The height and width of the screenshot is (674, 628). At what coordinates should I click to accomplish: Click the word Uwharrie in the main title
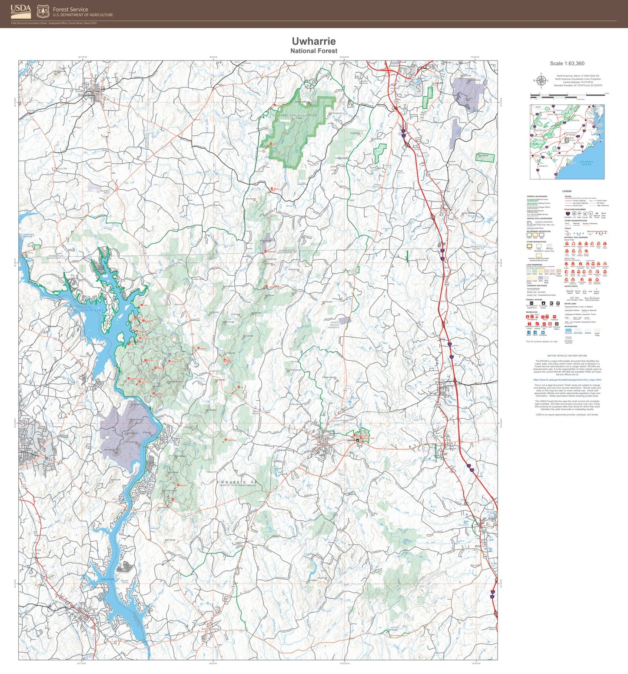pos(313,41)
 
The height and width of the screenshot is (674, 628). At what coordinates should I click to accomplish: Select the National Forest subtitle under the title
pos(313,51)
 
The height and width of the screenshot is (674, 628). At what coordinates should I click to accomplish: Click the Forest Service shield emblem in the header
pos(43,11)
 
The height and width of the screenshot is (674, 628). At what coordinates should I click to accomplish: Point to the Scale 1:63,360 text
pos(567,64)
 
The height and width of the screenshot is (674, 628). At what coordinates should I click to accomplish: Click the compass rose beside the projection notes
pos(541,80)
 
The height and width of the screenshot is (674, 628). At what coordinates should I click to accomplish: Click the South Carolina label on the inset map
pos(566,155)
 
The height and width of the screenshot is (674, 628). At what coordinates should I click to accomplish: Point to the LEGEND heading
pos(567,191)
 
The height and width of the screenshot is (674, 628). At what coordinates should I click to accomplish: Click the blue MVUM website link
pos(567,380)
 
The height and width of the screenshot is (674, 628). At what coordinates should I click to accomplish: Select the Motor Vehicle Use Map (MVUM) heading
pos(567,356)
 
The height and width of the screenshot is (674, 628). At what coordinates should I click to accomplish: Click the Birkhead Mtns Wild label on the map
pos(298,115)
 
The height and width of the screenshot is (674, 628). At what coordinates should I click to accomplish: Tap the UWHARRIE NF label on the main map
pos(237,482)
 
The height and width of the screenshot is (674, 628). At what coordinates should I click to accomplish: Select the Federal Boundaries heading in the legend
pos(537,197)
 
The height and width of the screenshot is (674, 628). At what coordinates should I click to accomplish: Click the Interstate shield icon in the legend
pos(568,214)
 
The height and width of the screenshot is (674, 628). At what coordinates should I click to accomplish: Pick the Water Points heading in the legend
pos(571,286)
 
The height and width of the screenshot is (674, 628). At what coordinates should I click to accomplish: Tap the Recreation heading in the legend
pos(532,312)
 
